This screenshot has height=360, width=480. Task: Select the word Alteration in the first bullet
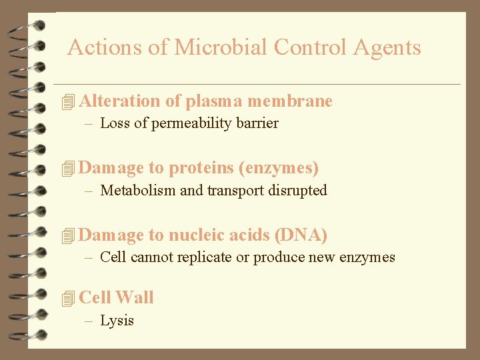pyautogui.click(x=120, y=101)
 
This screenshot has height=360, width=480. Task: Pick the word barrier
pyautogui.click(x=257, y=123)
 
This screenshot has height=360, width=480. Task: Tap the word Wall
pyautogui.click(x=134, y=297)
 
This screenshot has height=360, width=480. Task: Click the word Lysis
pyautogui.click(x=117, y=321)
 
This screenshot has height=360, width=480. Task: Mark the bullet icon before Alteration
pyautogui.click(x=66, y=102)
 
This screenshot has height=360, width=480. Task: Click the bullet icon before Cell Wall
pyautogui.click(x=66, y=299)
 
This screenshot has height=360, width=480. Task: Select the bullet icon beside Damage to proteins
pyautogui.click(x=66, y=169)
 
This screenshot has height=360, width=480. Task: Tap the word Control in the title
pyautogui.click(x=310, y=47)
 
